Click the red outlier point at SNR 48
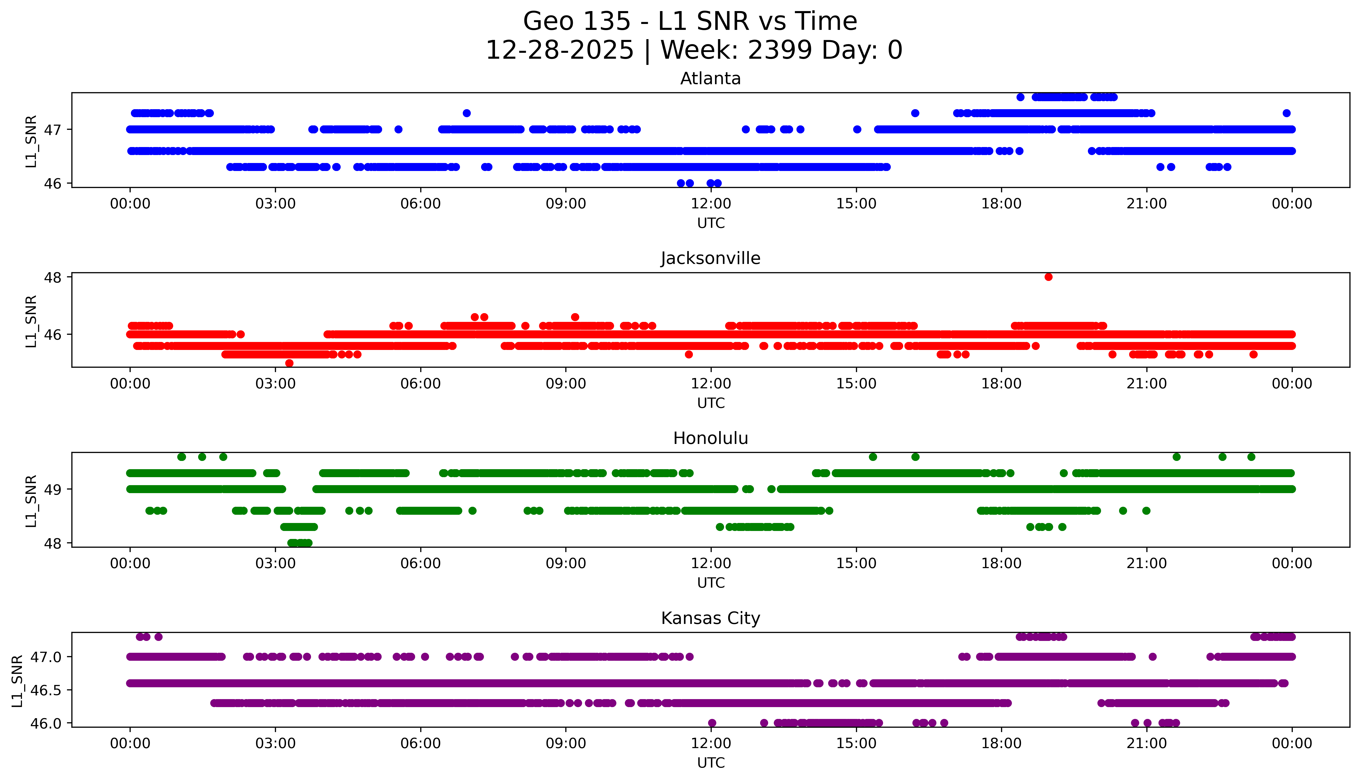click(1048, 277)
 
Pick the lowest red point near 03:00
click(289, 363)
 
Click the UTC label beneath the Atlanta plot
click(711, 223)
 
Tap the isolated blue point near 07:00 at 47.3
click(466, 113)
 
